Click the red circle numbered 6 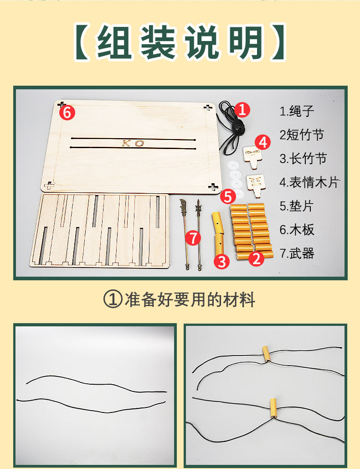pyautogui.click(x=67, y=113)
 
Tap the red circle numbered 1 pyautogui.click(x=242, y=109)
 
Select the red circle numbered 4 pyautogui.click(x=262, y=142)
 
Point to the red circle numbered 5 pyautogui.click(x=228, y=197)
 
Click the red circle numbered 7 pyautogui.click(x=193, y=238)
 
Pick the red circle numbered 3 pyautogui.click(x=221, y=261)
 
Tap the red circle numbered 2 pyautogui.click(x=256, y=258)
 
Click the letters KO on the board pyautogui.click(x=133, y=143)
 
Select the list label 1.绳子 pyautogui.click(x=297, y=111)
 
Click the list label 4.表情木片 pyautogui.click(x=309, y=182)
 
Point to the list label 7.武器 pyautogui.click(x=297, y=253)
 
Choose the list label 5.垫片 pyautogui.click(x=297, y=206)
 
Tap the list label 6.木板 pyautogui.click(x=297, y=230)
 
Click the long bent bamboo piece pyautogui.click(x=218, y=234)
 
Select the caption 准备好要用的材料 pyautogui.click(x=190, y=300)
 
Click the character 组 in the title pyautogui.click(x=114, y=42)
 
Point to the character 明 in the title pyautogui.click(x=247, y=42)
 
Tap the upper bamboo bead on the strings pyautogui.click(x=266, y=354)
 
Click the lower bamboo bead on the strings pyautogui.click(x=273, y=408)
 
